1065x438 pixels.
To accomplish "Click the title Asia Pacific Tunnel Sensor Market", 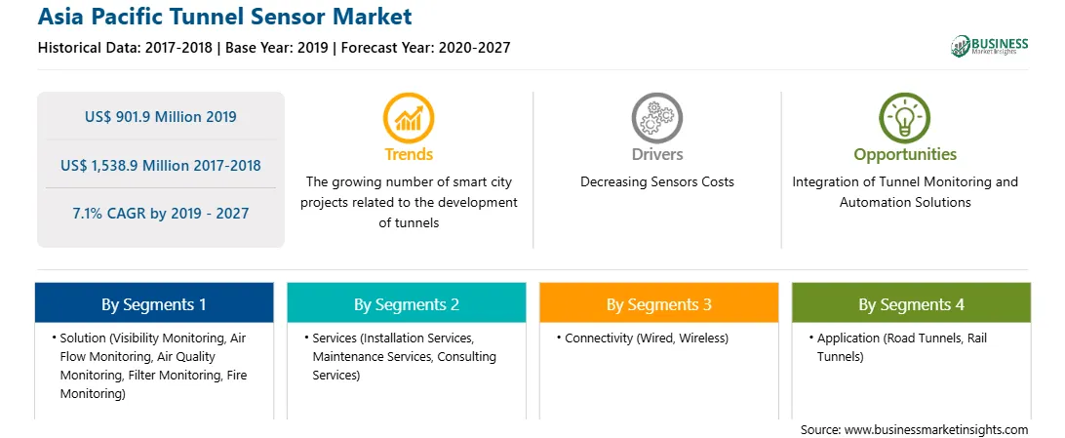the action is [x=225, y=17].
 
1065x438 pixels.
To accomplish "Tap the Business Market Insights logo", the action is [x=990, y=46].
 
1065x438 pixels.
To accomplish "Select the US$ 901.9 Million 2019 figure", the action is [x=161, y=117].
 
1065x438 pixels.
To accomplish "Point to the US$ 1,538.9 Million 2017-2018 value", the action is [x=161, y=165].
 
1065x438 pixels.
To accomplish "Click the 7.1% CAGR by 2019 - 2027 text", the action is [x=161, y=214].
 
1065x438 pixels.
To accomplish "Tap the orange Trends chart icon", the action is [x=409, y=117].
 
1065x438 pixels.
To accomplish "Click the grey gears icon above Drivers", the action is [x=656, y=117].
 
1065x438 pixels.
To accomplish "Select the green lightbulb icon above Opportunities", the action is [x=905, y=117].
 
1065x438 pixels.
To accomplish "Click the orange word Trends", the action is [x=409, y=154].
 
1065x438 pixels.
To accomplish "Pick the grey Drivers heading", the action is [x=656, y=154].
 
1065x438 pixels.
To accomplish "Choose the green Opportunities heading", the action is [x=905, y=155].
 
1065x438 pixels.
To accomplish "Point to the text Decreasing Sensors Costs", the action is [x=656, y=182].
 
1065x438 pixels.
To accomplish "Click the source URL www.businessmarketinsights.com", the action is [x=936, y=430].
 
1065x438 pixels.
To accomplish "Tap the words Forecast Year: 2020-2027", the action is [x=426, y=48].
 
